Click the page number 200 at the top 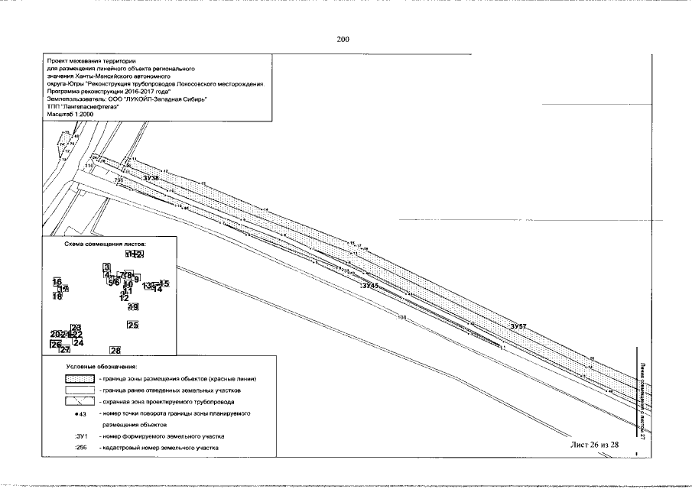click(x=343, y=40)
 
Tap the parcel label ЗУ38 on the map click(x=150, y=177)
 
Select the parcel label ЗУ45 click(x=370, y=285)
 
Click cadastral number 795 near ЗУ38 click(x=119, y=180)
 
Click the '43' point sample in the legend click(x=82, y=413)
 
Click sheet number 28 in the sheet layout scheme click(x=115, y=351)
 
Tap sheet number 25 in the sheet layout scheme click(x=132, y=325)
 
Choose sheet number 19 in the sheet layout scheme click(x=133, y=306)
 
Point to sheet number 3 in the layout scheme click(x=107, y=267)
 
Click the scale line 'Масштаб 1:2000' click(x=68, y=114)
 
